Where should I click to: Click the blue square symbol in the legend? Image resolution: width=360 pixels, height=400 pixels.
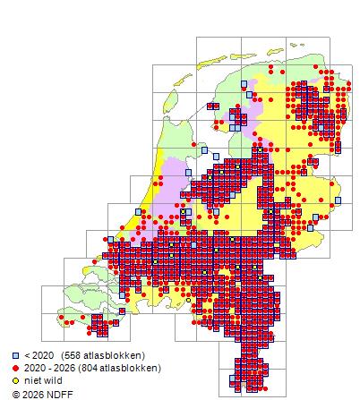click(16, 355)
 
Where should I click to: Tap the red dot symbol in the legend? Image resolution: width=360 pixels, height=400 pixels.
click(16, 368)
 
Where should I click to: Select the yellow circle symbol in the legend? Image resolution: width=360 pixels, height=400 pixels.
click(16, 379)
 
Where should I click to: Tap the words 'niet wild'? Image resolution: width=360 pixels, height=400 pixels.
click(43, 379)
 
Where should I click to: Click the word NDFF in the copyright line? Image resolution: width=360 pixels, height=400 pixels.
click(56, 393)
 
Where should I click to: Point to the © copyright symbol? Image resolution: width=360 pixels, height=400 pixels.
click(15, 393)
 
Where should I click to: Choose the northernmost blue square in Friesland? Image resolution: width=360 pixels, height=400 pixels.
click(247, 84)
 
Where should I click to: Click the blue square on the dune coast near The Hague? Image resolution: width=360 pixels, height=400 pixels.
click(138, 212)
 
